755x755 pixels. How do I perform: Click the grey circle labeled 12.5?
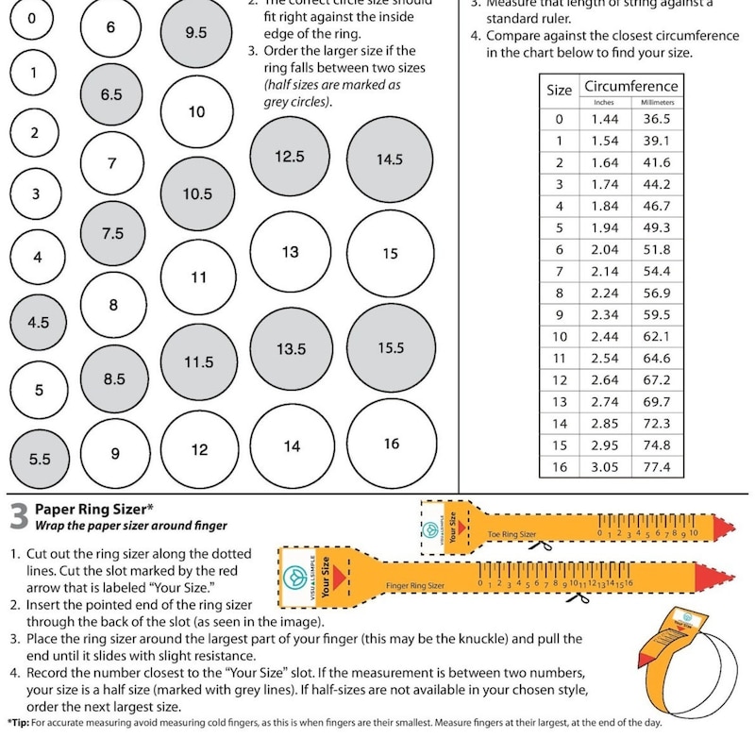point(290,157)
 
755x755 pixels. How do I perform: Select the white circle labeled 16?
point(392,444)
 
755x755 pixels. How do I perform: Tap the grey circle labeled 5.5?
point(40,459)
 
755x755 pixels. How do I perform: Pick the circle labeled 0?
point(34,19)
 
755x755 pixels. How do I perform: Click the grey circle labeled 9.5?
point(196,32)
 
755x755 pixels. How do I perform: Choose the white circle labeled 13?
point(291,252)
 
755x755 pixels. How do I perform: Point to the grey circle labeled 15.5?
point(391,347)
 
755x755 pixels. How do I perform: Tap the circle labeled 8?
point(113,305)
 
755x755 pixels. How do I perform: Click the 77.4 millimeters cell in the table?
point(656,467)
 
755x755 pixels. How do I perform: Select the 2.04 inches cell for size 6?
point(604,250)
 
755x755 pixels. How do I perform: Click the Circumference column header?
point(630,87)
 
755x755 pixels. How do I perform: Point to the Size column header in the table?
point(560,91)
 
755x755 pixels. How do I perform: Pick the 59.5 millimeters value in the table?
point(656,315)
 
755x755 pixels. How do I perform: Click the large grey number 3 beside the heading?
point(18,517)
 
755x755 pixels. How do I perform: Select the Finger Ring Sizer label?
point(415,586)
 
